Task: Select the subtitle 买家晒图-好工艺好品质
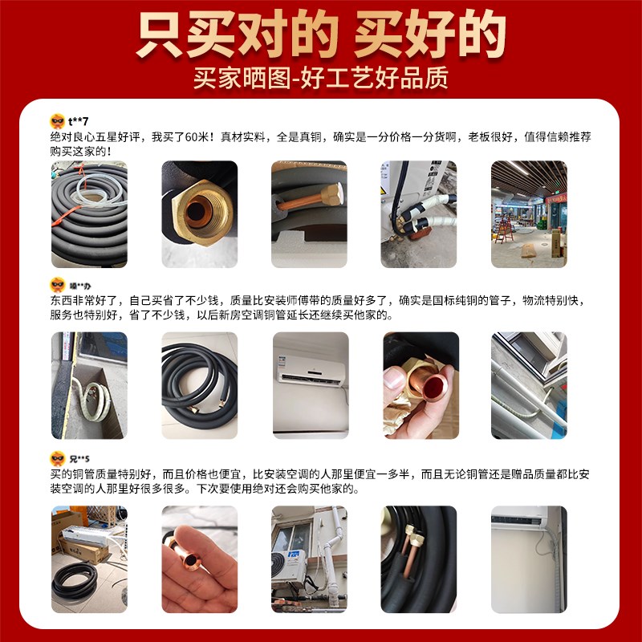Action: coord(320,78)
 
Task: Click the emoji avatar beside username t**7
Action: coord(57,120)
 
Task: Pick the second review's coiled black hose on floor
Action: coord(199,385)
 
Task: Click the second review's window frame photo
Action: coord(529,385)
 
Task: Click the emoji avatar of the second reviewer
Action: coord(57,285)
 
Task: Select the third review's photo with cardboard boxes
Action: coord(89,546)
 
